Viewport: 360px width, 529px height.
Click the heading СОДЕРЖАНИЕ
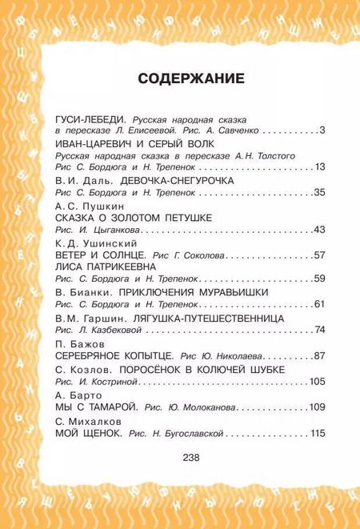180,78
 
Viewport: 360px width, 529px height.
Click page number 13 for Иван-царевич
319,166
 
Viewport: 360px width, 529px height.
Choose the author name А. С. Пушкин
82,205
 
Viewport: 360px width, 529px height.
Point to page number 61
319,304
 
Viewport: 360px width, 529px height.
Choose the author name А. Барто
75,395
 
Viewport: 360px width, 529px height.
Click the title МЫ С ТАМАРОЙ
97,407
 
